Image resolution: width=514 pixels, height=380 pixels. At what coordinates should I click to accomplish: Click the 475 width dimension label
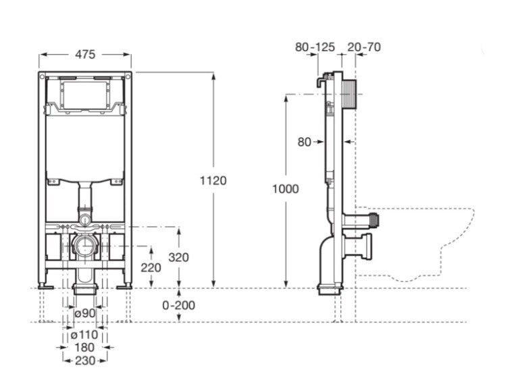click(x=85, y=53)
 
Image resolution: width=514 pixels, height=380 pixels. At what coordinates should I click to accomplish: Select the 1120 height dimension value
click(x=213, y=180)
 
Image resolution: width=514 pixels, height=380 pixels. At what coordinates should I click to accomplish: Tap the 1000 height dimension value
click(x=285, y=189)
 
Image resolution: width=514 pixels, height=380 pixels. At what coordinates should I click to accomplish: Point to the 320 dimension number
click(x=179, y=257)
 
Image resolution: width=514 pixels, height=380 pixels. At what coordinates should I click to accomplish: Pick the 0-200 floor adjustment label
click(x=179, y=305)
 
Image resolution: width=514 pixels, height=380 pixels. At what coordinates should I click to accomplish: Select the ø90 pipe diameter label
click(x=84, y=313)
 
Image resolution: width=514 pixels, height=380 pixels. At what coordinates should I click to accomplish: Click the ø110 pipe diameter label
click(x=84, y=334)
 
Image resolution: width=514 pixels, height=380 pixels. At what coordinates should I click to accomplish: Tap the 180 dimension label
click(x=84, y=347)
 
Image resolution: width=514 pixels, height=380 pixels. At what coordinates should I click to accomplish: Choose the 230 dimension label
click(x=84, y=360)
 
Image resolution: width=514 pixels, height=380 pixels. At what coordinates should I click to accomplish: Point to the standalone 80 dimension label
click(x=304, y=142)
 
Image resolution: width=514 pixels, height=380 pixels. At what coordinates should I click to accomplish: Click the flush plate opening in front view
click(x=85, y=94)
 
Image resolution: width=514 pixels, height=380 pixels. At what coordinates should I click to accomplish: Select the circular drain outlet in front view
click(x=85, y=246)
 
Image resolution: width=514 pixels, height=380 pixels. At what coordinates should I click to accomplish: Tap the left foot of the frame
click(x=46, y=286)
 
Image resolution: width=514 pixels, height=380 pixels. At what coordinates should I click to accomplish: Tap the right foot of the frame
click(x=124, y=286)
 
